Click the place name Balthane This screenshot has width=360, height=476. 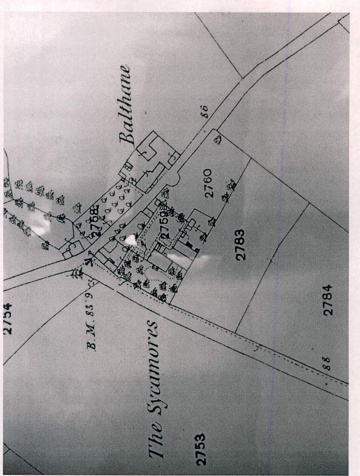[x=126, y=105]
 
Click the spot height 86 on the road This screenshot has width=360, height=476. [x=204, y=111]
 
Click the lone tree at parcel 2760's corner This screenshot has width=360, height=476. [x=218, y=140]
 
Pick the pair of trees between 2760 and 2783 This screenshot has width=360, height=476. [x=229, y=190]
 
